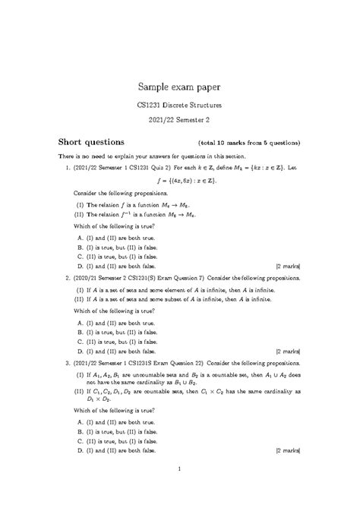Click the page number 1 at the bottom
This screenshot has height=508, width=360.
pos(179,488)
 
